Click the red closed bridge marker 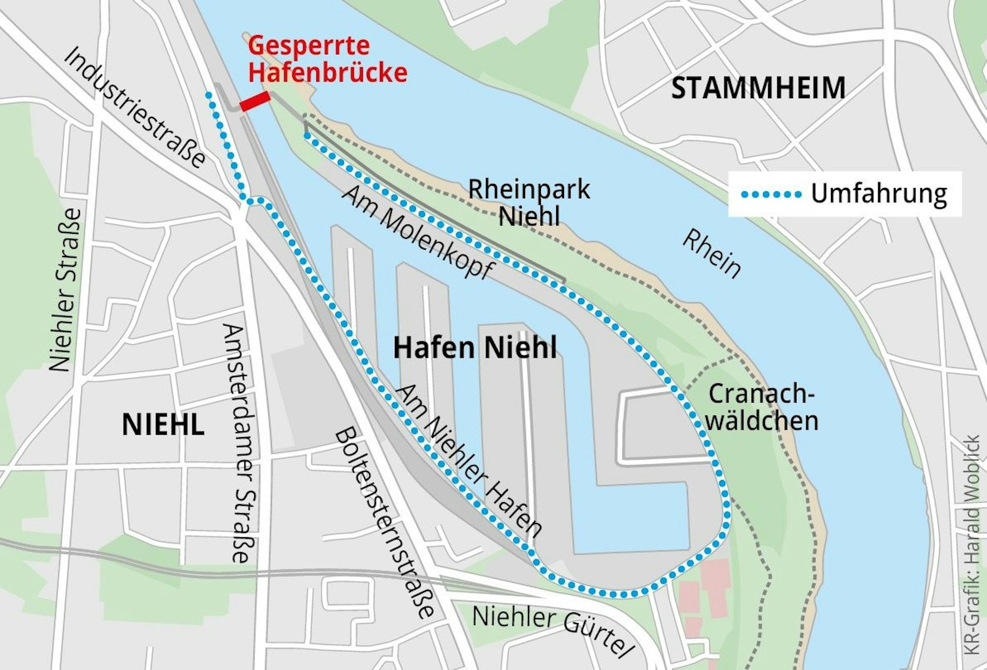(255, 102)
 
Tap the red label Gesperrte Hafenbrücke (327, 60)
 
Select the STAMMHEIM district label (759, 89)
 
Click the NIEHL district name (163, 425)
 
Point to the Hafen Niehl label (475, 348)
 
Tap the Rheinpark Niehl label (529, 202)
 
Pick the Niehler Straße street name (65, 290)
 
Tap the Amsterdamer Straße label (239, 443)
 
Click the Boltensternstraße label (384, 523)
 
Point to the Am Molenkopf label (418, 232)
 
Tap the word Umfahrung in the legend (879, 194)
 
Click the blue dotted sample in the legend (771, 194)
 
